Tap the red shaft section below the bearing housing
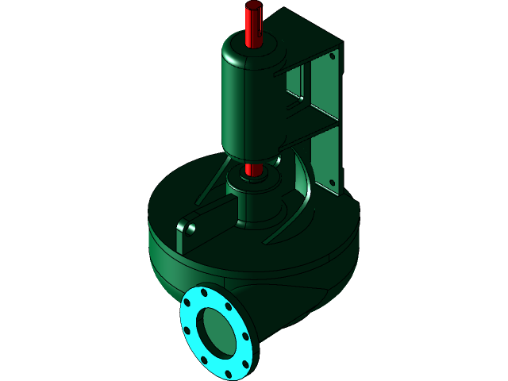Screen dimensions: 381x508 point(252,169)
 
